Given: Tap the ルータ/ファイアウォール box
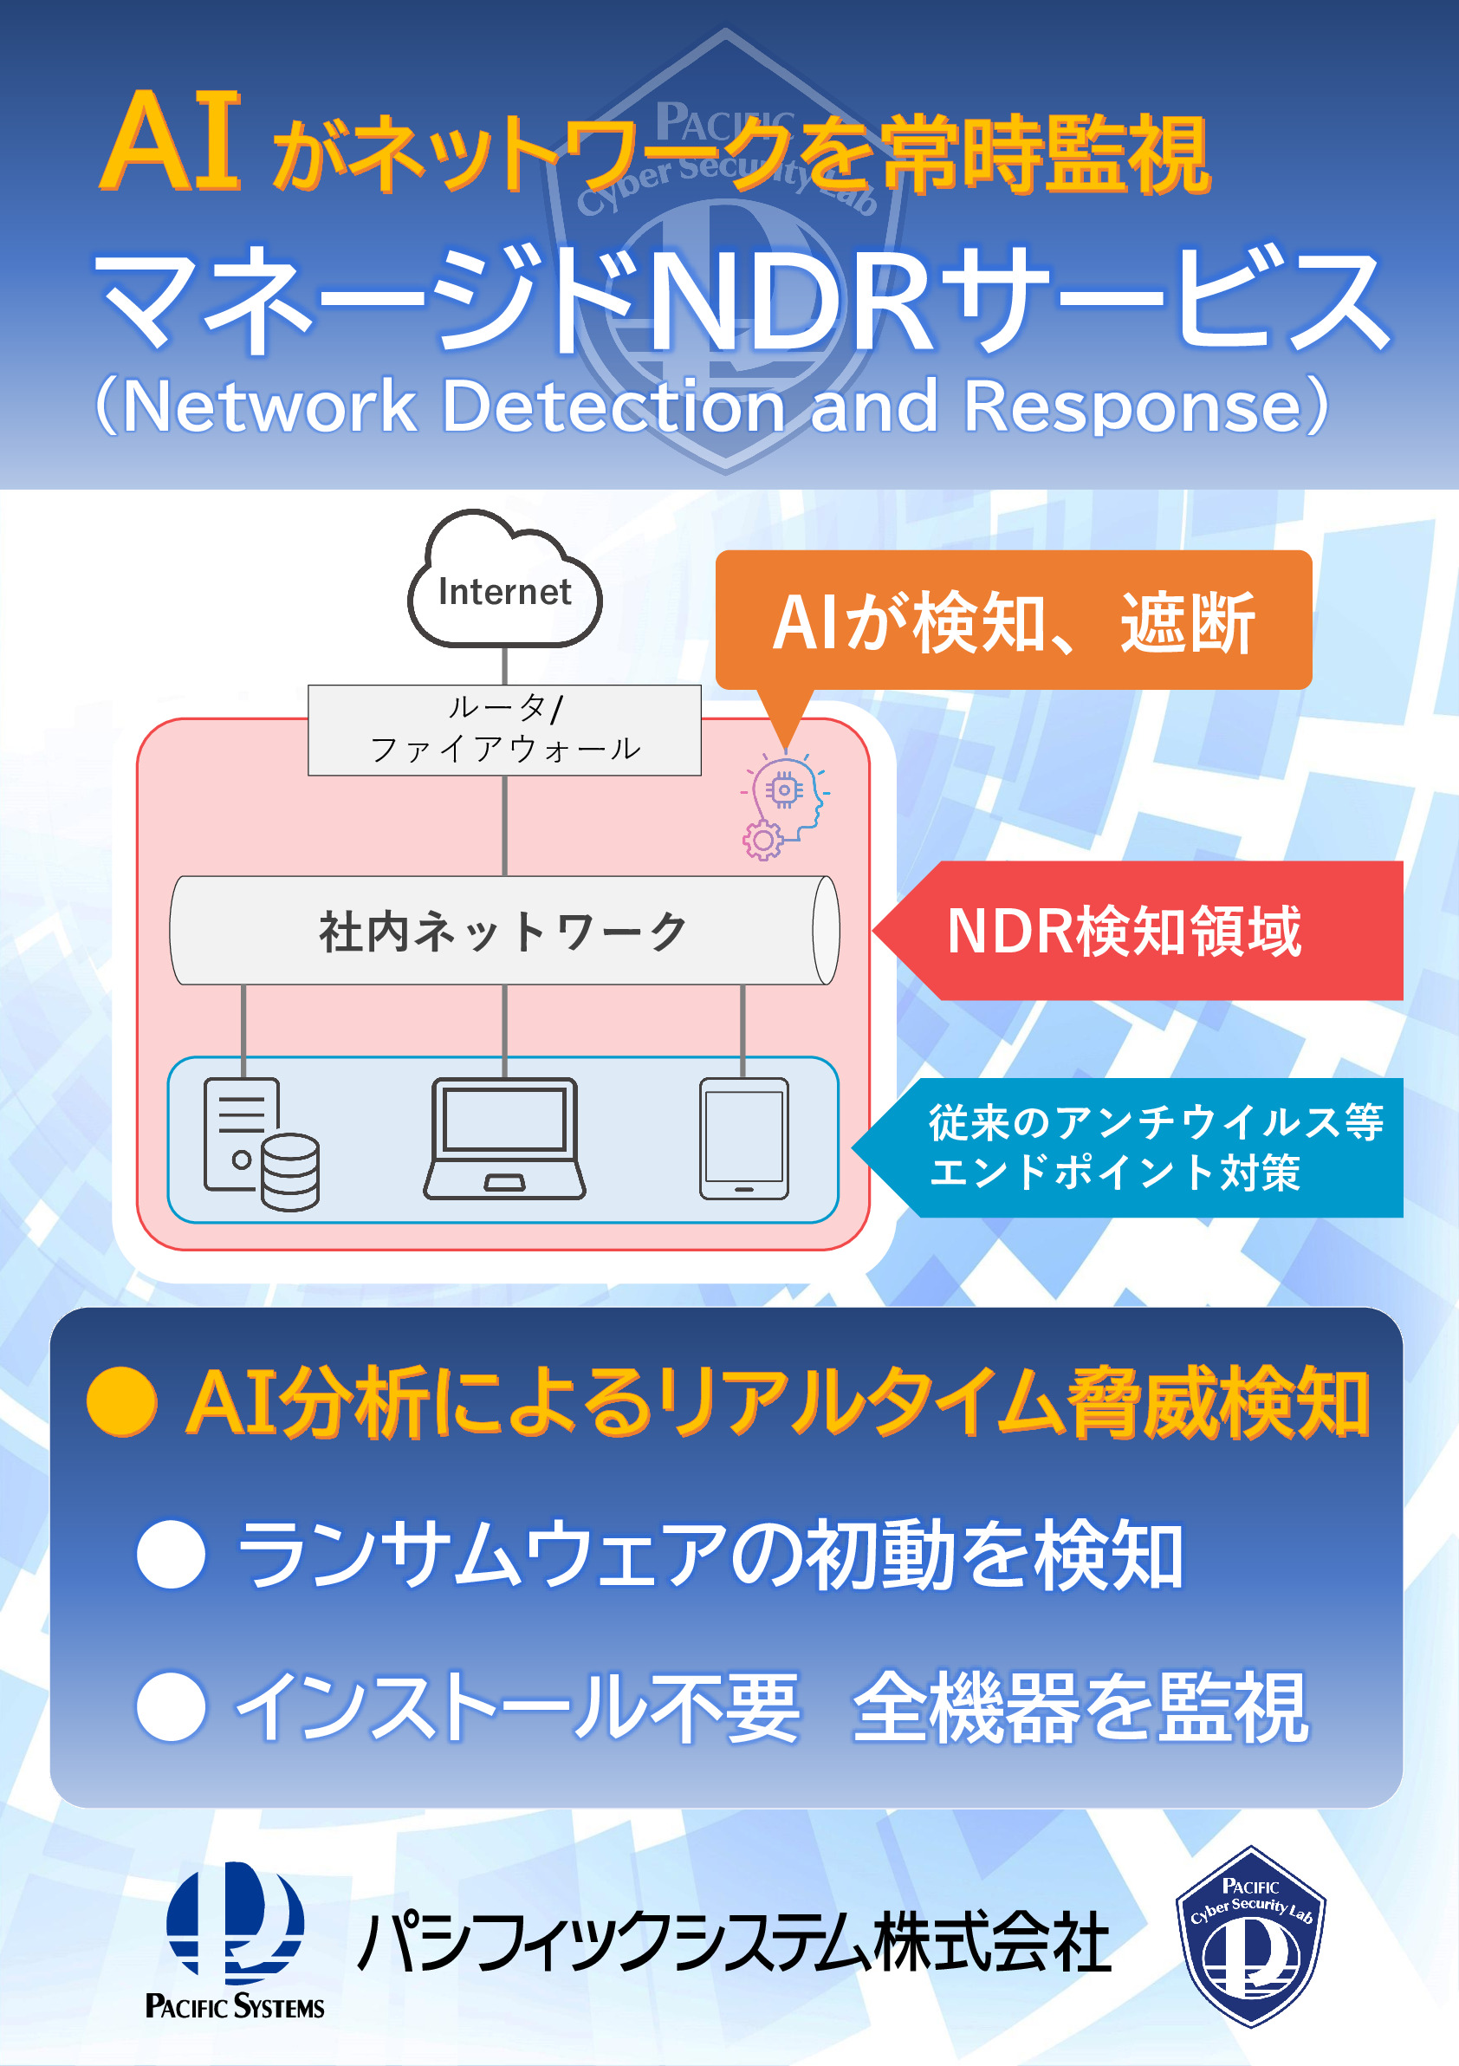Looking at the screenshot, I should click(504, 730).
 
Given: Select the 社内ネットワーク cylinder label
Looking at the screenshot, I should click(503, 931).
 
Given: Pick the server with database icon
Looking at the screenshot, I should click(261, 1144).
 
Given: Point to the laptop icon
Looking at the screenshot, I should click(504, 1138).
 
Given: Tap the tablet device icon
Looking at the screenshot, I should click(744, 1138).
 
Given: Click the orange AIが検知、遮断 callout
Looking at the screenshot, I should click(1013, 621).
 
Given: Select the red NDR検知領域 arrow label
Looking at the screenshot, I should click(1138, 931).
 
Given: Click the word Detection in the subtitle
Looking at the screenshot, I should click(613, 406).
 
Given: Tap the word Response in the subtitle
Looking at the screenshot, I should click(1133, 406).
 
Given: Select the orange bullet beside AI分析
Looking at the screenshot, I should click(122, 1401).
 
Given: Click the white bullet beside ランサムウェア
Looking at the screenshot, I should click(171, 1554).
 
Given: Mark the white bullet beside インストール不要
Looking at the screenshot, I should click(171, 1706).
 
